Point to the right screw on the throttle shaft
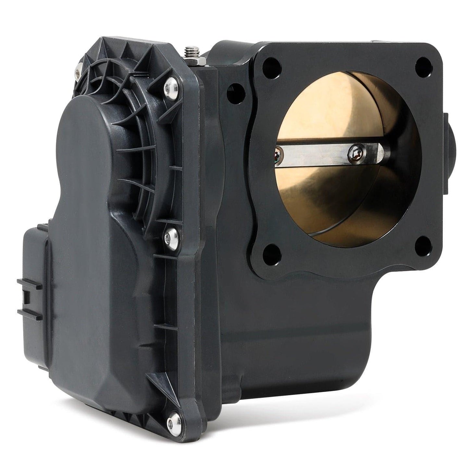pyautogui.click(x=356, y=149)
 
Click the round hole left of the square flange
pyautogui.click(x=233, y=92)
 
